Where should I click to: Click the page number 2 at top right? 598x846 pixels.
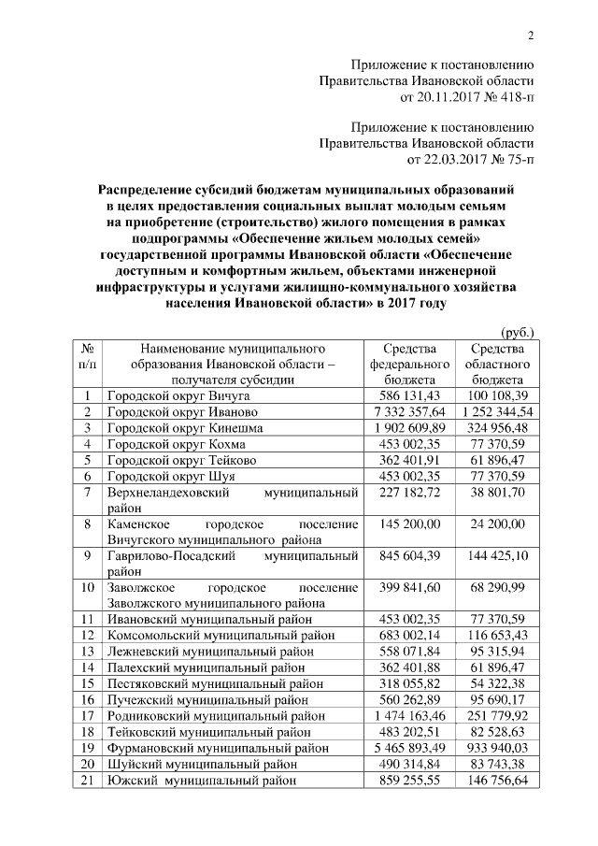(531, 36)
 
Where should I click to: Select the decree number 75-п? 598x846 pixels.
(517, 159)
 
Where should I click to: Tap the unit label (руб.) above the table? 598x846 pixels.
(518, 331)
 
